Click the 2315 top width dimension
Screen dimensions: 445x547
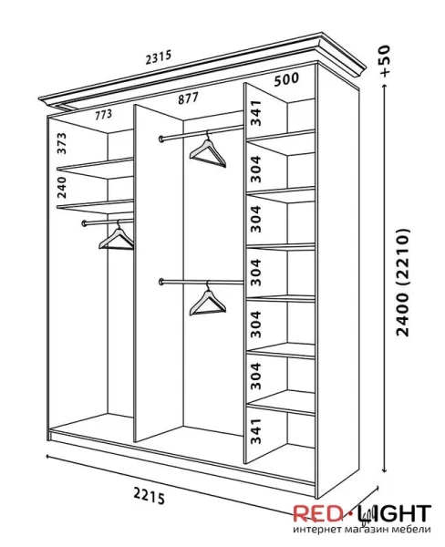click(159, 57)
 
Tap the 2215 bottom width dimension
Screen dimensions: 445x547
click(149, 496)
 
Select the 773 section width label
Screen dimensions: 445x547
click(104, 115)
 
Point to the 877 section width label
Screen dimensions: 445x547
click(188, 98)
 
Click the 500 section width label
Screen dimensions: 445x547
click(286, 79)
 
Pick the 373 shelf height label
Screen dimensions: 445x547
click(62, 143)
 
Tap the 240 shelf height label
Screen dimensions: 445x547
click(61, 187)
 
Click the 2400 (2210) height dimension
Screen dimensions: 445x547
click(403, 283)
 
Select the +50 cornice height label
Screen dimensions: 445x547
click(385, 61)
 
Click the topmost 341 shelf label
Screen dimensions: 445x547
click(256, 113)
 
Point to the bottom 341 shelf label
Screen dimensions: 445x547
click(256, 431)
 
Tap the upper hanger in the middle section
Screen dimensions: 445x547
click(208, 150)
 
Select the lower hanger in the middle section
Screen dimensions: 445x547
click(208, 298)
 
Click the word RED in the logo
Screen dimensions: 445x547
click(317, 513)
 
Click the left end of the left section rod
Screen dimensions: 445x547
click(84, 223)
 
